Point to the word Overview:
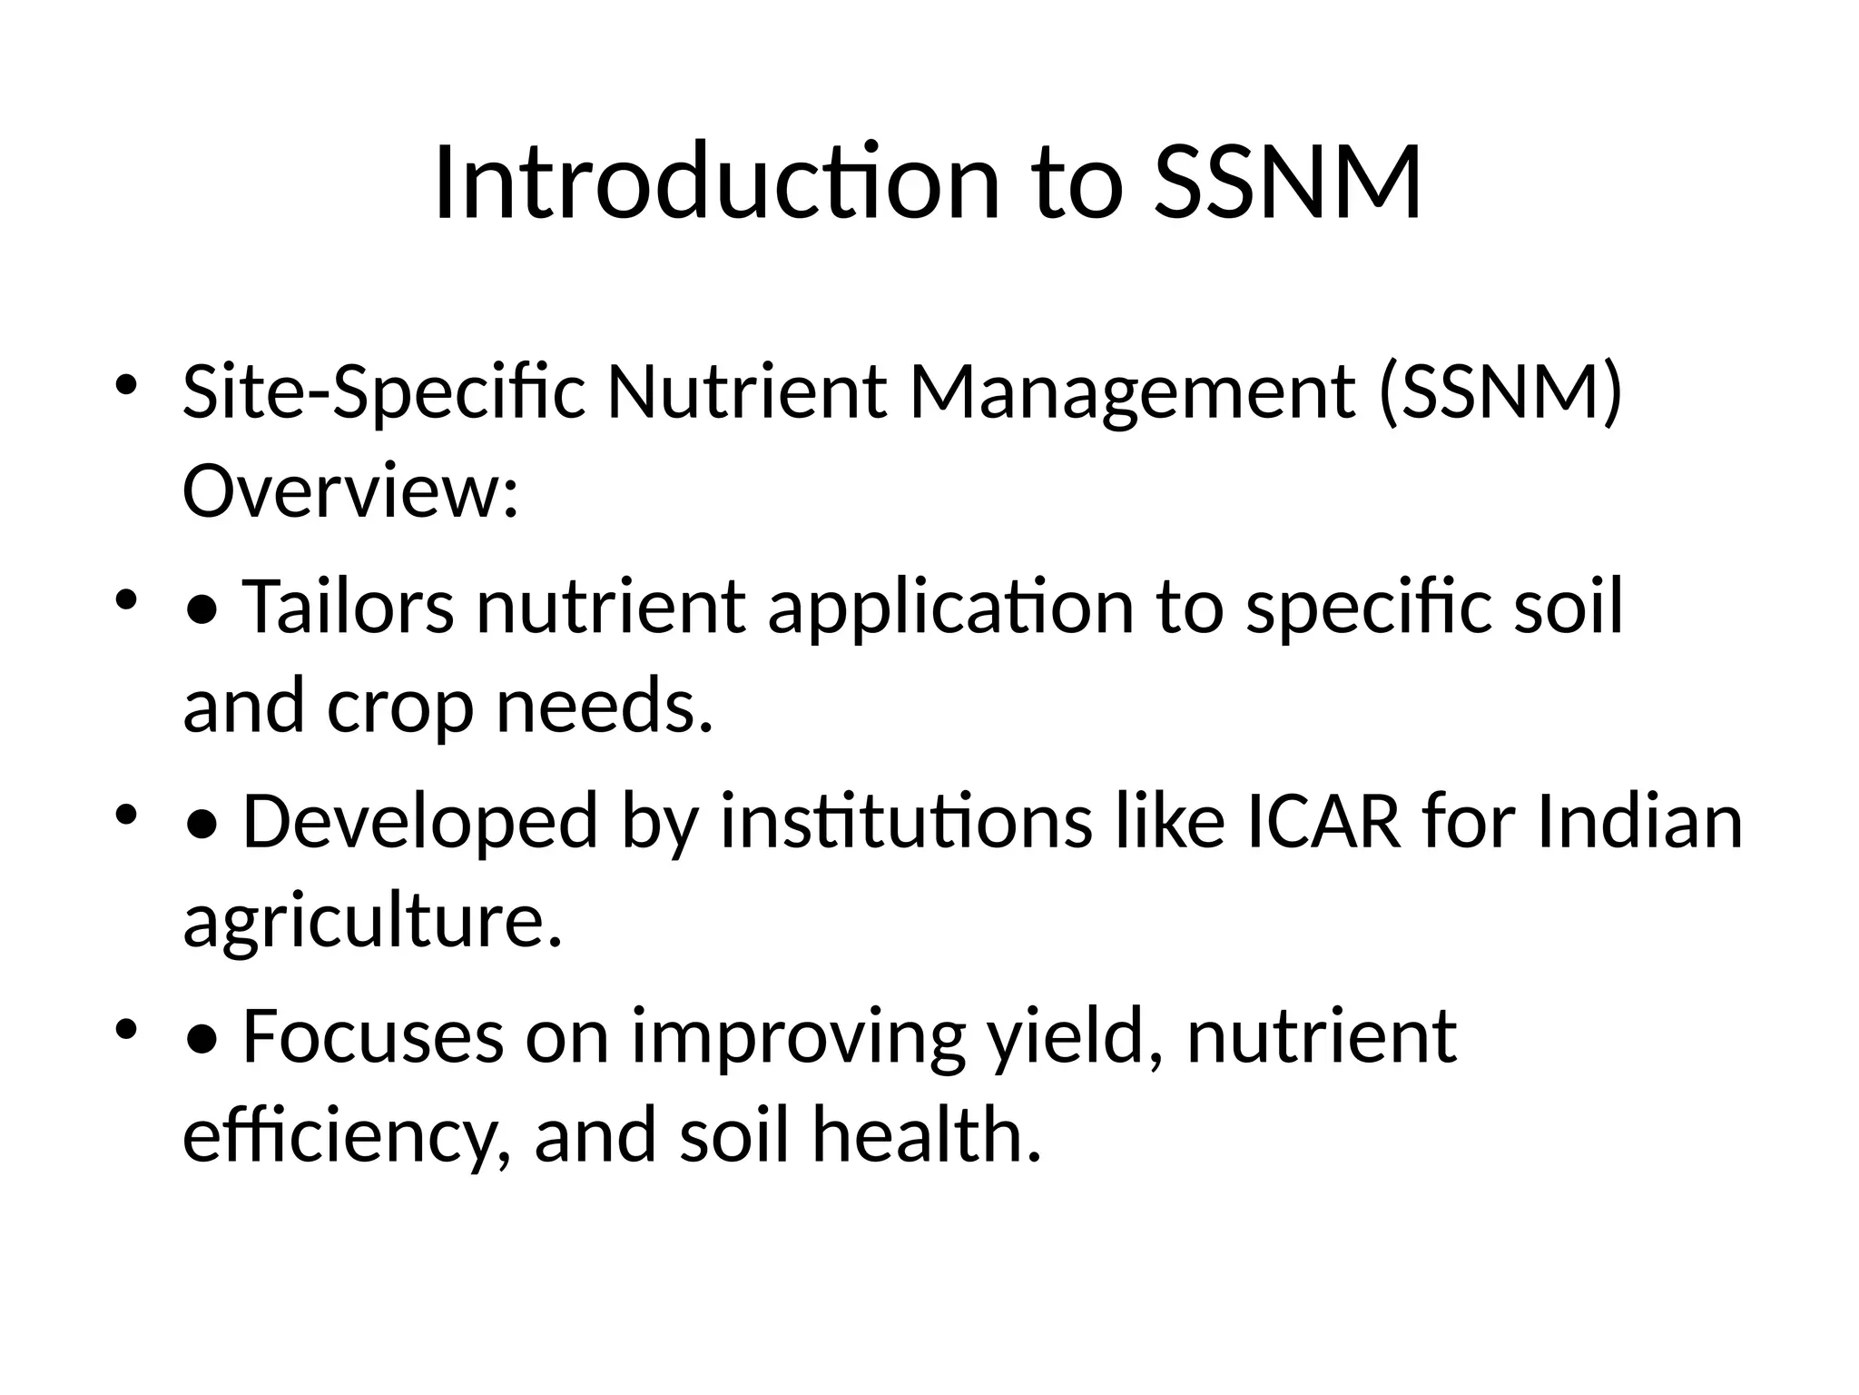click(x=350, y=491)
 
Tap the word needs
click(x=605, y=706)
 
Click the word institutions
click(x=907, y=821)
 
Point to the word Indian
click(x=1639, y=821)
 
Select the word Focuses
click(x=373, y=1036)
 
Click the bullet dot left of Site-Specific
click(x=125, y=382)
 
